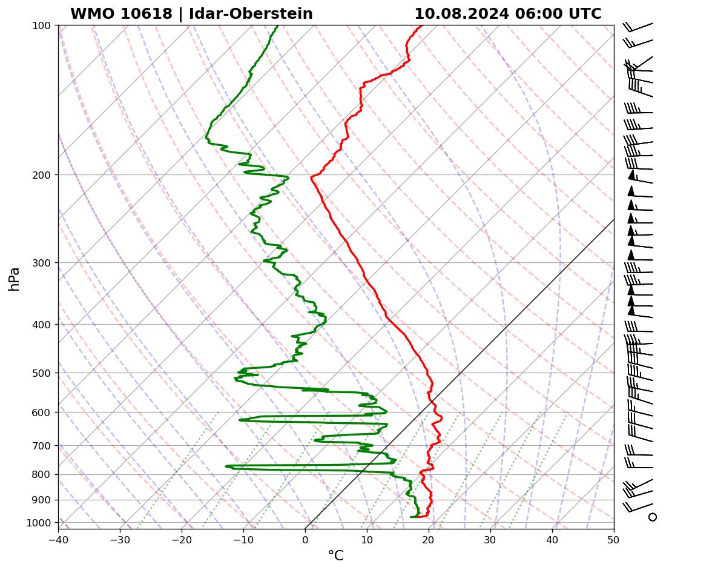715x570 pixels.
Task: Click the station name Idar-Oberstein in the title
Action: (251, 14)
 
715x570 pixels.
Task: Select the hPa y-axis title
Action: (14, 279)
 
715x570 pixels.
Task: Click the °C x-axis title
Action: (335, 556)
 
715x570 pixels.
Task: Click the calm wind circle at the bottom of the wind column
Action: (652, 517)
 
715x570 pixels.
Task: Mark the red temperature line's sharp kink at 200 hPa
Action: (311, 177)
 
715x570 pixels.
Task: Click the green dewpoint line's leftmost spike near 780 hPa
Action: (226, 466)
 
